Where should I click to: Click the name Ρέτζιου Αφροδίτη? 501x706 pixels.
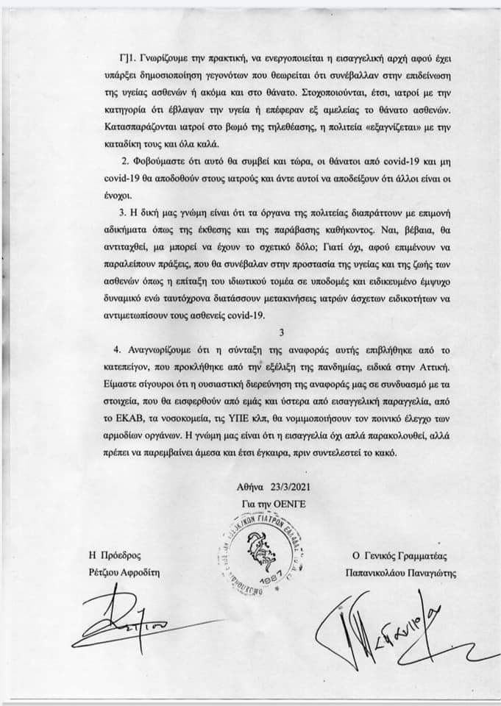(x=121, y=571)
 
